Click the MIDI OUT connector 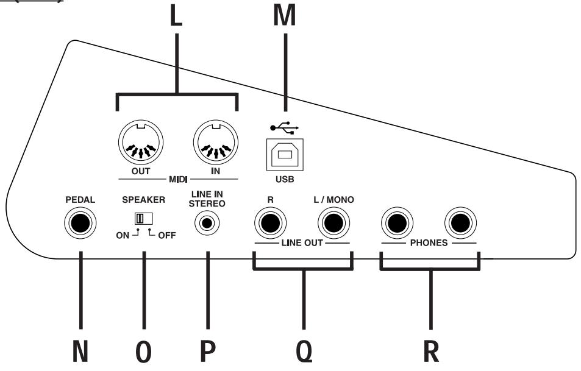[140, 145]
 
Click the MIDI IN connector [214, 145]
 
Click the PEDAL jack [80, 224]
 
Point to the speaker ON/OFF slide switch [144, 218]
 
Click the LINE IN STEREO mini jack [207, 224]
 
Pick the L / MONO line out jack [332, 224]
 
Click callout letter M [283, 16]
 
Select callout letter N [80, 354]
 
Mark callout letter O [144, 354]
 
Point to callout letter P [207, 354]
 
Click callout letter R [430, 354]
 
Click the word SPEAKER [144, 200]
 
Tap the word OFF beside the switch [165, 235]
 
